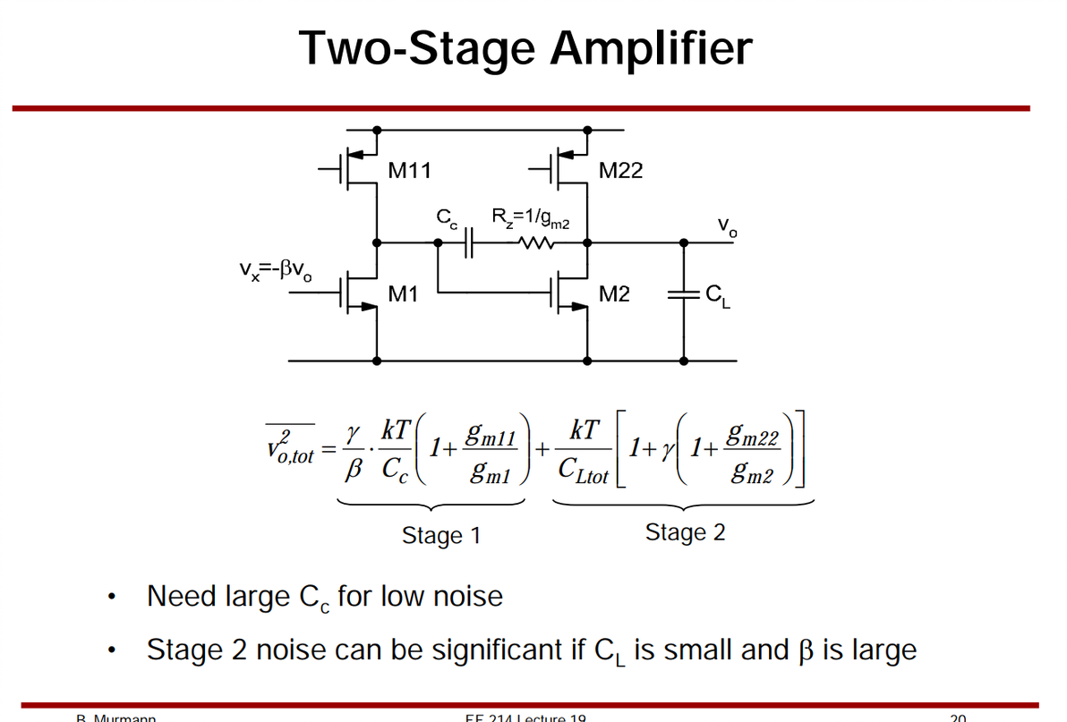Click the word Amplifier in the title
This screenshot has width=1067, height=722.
[651, 48]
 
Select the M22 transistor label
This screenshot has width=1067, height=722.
[620, 170]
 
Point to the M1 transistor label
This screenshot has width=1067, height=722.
[405, 293]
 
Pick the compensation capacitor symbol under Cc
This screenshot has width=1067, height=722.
[468, 242]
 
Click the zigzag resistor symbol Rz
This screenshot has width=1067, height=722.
[538, 242]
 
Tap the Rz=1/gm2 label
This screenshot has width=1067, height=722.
[532, 217]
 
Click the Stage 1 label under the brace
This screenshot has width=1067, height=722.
[441, 536]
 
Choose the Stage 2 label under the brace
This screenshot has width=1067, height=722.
[685, 533]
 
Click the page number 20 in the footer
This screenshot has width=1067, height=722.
[958, 718]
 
